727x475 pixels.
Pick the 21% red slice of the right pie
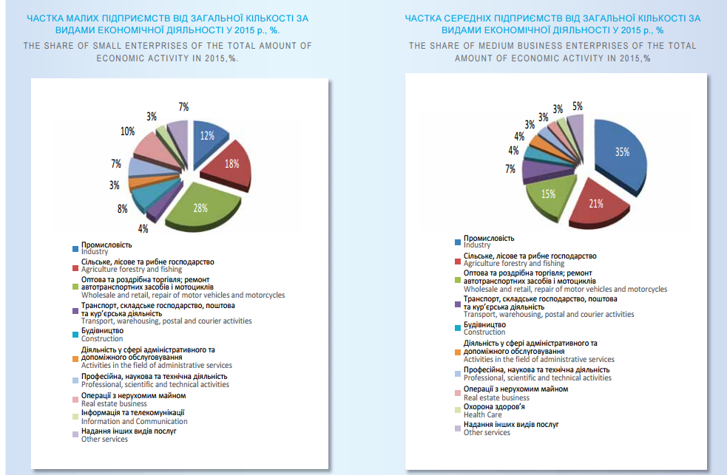click(596, 203)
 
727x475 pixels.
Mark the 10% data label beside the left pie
click(127, 131)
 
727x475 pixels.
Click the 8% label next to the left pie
click(122, 209)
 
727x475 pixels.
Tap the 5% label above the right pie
click(577, 106)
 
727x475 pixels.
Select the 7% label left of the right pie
click(510, 169)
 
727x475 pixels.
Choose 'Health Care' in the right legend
click(482, 415)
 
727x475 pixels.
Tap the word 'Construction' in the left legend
click(102, 339)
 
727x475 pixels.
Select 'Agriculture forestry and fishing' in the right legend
click(513, 264)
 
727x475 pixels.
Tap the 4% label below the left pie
click(143, 228)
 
